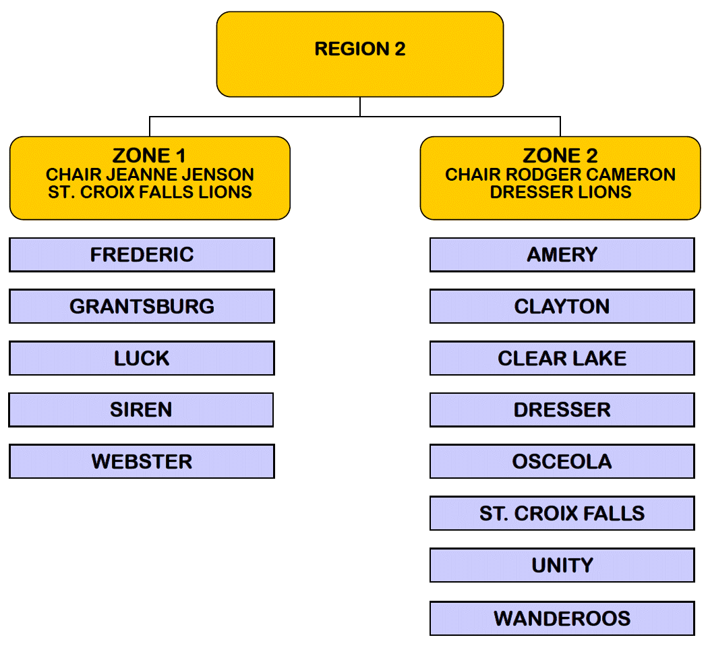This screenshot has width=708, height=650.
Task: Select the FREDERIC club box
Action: click(x=142, y=255)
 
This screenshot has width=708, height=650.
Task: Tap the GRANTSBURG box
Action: click(x=142, y=307)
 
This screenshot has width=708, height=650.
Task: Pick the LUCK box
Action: click(x=142, y=358)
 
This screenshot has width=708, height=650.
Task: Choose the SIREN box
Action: click(x=141, y=410)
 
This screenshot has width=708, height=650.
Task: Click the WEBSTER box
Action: click(x=142, y=462)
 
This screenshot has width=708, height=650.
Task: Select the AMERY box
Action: click(x=562, y=255)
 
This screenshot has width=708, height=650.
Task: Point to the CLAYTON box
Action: click(x=562, y=307)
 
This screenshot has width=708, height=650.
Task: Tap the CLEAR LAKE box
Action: click(x=562, y=358)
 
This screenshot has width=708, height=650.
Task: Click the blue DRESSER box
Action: click(x=562, y=410)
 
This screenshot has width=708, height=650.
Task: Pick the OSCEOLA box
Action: click(x=562, y=462)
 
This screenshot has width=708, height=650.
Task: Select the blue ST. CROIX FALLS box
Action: click(x=562, y=514)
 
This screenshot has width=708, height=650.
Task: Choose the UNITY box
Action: click(x=562, y=565)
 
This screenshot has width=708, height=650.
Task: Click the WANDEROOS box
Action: click(x=562, y=618)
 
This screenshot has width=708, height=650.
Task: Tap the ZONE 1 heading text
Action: click(x=150, y=156)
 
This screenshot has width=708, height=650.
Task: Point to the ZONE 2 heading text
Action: click(x=560, y=156)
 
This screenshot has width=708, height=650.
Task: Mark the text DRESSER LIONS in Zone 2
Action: click(x=560, y=192)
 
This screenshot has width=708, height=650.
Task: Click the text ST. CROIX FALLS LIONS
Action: click(x=150, y=192)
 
